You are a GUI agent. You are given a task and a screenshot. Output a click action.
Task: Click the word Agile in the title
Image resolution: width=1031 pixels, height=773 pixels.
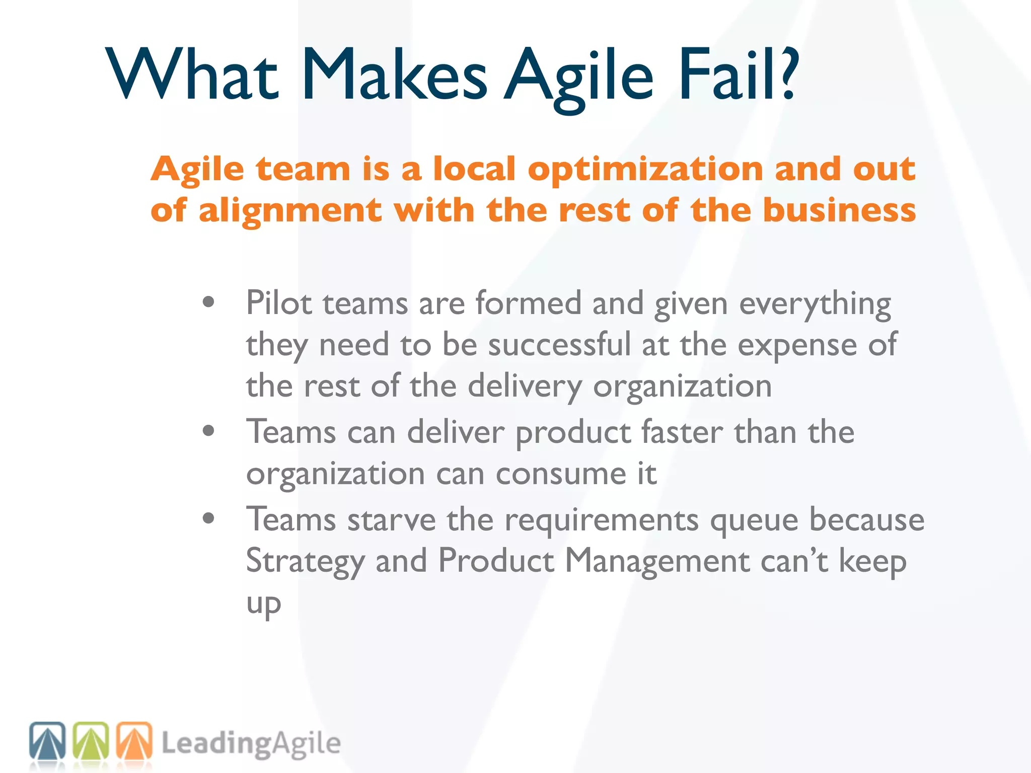[x=579, y=75]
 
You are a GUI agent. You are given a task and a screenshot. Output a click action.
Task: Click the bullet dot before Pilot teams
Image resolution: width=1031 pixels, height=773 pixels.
[x=208, y=302]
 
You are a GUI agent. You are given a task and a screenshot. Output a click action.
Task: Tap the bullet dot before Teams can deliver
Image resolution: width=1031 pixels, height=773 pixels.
[x=208, y=431]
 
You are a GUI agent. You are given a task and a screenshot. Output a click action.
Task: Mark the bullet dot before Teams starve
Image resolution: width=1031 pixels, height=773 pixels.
[x=208, y=518]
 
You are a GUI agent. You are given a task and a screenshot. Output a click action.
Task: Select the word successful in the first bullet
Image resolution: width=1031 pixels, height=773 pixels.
[x=559, y=345]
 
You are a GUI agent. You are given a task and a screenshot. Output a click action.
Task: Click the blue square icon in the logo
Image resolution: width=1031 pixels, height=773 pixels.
[x=47, y=740]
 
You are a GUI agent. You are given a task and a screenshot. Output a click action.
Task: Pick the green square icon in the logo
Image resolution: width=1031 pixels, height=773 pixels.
[x=91, y=740]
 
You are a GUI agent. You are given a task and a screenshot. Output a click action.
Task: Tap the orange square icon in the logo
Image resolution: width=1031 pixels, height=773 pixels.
[x=134, y=740]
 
